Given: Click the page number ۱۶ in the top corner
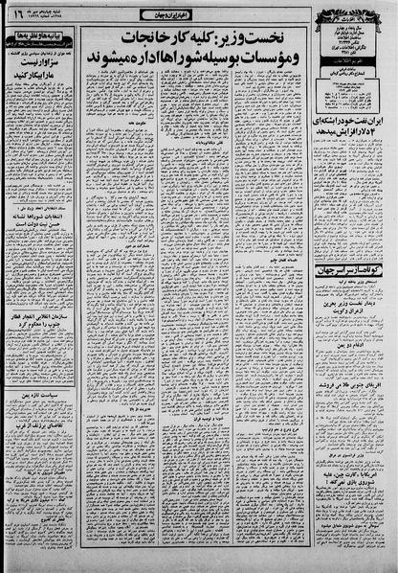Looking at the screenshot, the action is click(17, 16).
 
